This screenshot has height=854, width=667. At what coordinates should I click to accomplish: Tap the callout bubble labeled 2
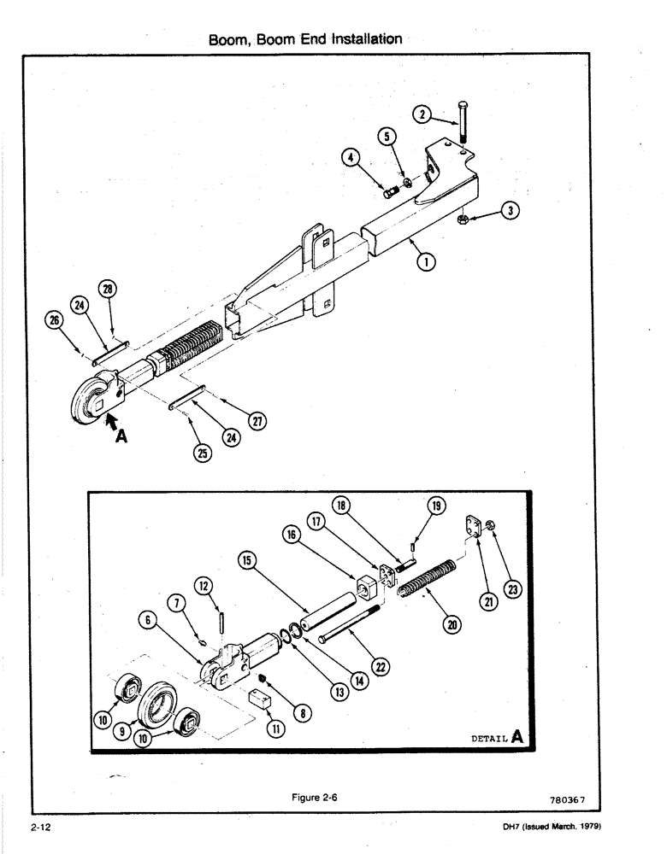pos(421,113)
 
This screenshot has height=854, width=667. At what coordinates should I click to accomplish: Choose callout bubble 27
pos(257,421)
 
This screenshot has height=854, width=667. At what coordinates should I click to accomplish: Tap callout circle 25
pos(202,454)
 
